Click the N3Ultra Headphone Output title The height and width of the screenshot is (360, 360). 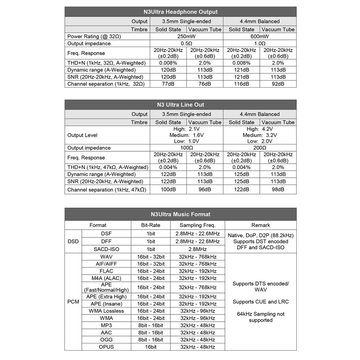tap(180, 12)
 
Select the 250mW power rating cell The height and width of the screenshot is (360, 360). tap(186, 37)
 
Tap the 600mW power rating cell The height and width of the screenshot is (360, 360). tap(259, 37)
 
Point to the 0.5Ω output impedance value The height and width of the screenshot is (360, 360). tap(186, 43)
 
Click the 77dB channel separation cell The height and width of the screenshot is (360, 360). tap(168, 84)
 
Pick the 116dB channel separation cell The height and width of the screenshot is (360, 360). tap(241, 84)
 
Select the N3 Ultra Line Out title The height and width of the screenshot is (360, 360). tap(180, 105)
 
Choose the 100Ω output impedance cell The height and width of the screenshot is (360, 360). tap(186, 148)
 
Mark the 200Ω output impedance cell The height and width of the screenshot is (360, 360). tap(259, 148)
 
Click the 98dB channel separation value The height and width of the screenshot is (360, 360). tap(278, 190)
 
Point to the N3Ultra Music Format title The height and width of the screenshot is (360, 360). tap(180, 214)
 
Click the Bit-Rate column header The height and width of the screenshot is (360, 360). tap(151, 225)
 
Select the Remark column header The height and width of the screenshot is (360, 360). tap(261, 225)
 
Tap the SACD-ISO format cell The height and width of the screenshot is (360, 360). tap(106, 249)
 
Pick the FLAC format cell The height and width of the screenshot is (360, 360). tap(106, 271)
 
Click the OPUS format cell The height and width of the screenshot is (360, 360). tap(106, 347)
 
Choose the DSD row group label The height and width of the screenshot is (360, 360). tap(73, 241)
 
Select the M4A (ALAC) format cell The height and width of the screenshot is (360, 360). tap(106, 278)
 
